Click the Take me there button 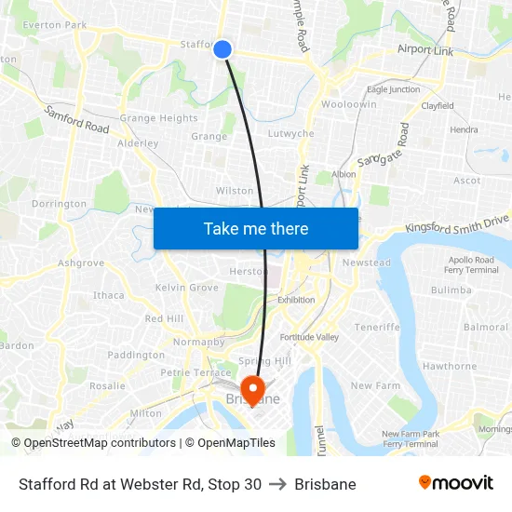[x=256, y=228]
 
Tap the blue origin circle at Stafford [x=222, y=49]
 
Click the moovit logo [x=456, y=483]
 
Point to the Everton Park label [x=54, y=25]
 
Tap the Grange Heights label [x=158, y=119]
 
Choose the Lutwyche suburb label [x=290, y=134]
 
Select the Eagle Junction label [x=393, y=90]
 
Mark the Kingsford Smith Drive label [x=458, y=223]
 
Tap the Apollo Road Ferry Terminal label [x=472, y=263]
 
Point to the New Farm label [x=375, y=385]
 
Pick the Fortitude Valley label [x=309, y=337]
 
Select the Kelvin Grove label [x=186, y=288]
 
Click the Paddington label [x=136, y=355]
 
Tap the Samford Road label [x=76, y=119]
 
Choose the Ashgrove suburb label [x=81, y=263]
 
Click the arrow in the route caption [x=277, y=484]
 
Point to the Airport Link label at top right [x=425, y=50]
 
